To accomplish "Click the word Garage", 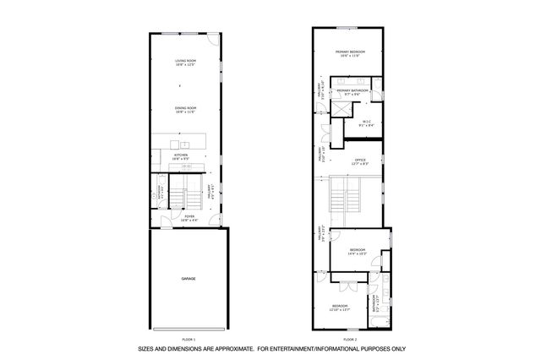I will click(x=188, y=278).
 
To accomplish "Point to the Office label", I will click(x=359, y=160).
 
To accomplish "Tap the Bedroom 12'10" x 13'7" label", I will click(x=340, y=308).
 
